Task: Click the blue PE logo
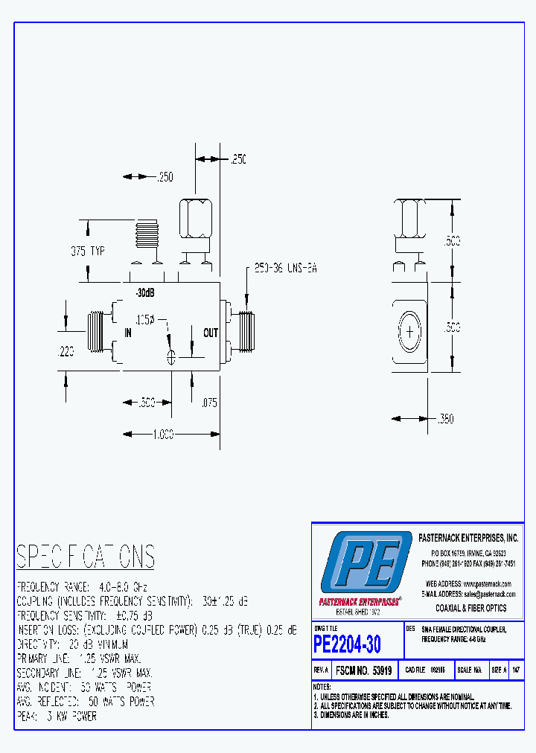pyautogui.click(x=366, y=563)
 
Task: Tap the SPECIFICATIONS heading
pyautogui.click(x=86, y=557)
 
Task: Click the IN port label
pyautogui.click(x=128, y=333)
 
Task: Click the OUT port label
pyautogui.click(x=211, y=333)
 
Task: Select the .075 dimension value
pyautogui.click(x=209, y=403)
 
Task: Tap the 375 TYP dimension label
pyautogui.click(x=88, y=251)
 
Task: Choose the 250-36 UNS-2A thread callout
pyautogui.click(x=286, y=269)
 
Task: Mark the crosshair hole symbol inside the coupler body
pyautogui.click(x=172, y=357)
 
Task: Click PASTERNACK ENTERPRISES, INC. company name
pyautogui.click(x=468, y=537)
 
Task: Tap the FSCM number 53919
pyautogui.click(x=364, y=670)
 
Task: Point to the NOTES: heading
pyautogui.click(x=322, y=686)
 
